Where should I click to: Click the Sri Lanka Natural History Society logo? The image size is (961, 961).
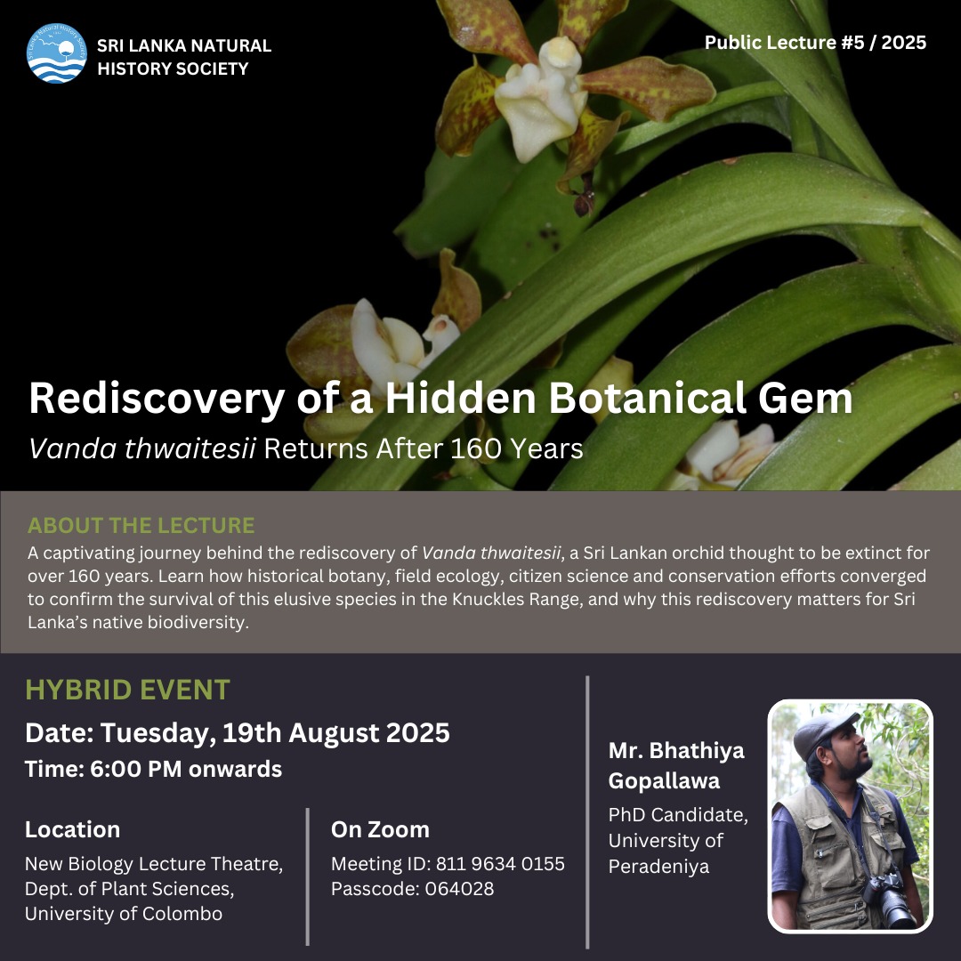point(56,53)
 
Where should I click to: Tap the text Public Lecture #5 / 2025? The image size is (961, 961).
point(815,43)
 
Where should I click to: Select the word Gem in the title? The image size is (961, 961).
point(805,399)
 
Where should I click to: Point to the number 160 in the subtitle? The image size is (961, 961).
point(476,449)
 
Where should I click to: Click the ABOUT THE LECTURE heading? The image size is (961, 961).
point(141,525)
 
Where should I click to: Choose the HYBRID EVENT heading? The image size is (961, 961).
point(127,690)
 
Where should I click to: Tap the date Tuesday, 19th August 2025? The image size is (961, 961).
point(275,733)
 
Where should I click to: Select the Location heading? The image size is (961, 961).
point(72,829)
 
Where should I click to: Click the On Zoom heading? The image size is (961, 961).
point(380,829)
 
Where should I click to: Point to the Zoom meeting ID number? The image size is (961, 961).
point(500,864)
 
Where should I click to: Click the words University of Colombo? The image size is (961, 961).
point(124,914)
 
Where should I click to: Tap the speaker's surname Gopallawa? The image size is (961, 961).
point(664,781)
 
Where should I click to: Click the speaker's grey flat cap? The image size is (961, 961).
point(824,732)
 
